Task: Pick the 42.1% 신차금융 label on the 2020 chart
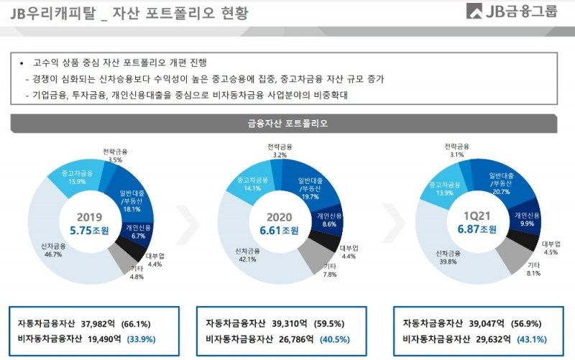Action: [x=245, y=254]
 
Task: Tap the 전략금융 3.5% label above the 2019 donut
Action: [x=114, y=155]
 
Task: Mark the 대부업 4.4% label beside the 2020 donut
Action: [x=349, y=252]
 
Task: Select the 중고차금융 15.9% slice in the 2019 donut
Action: [x=76, y=177]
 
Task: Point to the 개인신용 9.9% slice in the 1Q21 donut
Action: [x=527, y=218]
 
